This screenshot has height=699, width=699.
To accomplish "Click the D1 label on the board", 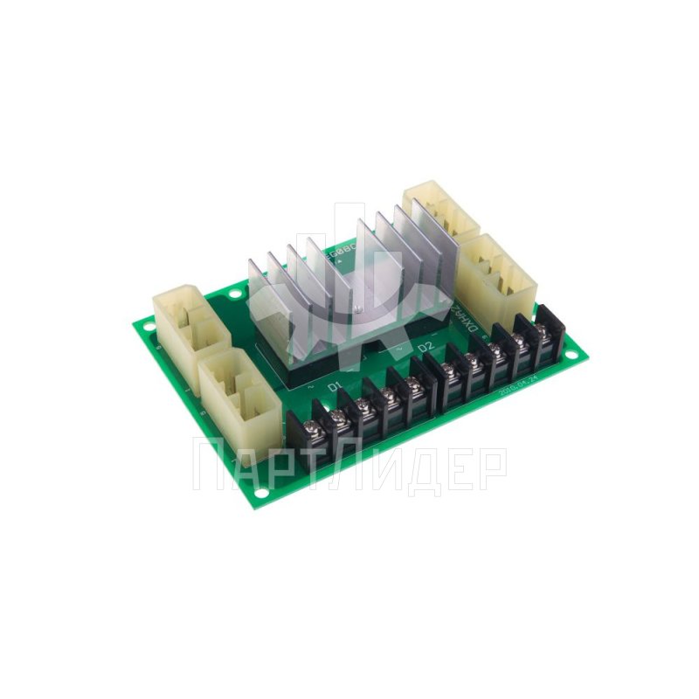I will tap(334, 386).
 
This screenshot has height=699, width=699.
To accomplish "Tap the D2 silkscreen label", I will tap(426, 348).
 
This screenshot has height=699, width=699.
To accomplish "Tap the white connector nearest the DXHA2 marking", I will tap(495, 266).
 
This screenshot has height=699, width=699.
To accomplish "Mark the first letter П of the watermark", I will tap(209, 467).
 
